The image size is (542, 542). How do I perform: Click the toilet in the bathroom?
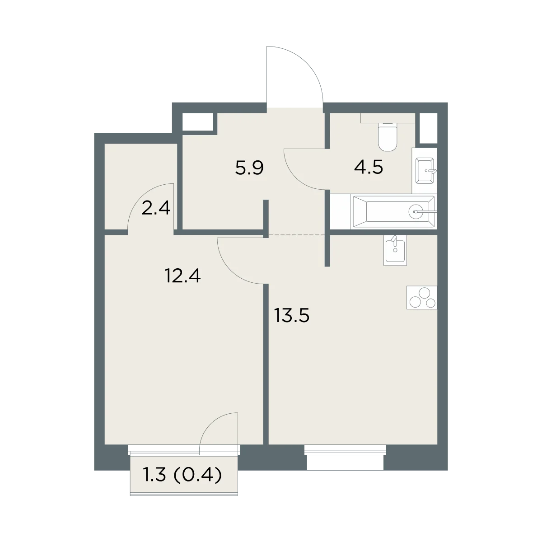point(387,137)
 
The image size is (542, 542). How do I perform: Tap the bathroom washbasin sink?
point(425,170)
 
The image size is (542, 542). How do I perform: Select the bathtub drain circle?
point(416,211)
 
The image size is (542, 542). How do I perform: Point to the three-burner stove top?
point(421,298)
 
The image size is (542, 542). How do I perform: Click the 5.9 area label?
point(249,168)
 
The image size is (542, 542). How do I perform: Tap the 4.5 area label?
point(369,168)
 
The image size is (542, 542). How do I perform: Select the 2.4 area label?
point(156,208)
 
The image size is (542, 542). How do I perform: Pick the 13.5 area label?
point(292,315)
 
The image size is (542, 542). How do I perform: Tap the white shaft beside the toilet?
point(428,128)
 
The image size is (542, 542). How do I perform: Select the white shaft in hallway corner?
point(197,121)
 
